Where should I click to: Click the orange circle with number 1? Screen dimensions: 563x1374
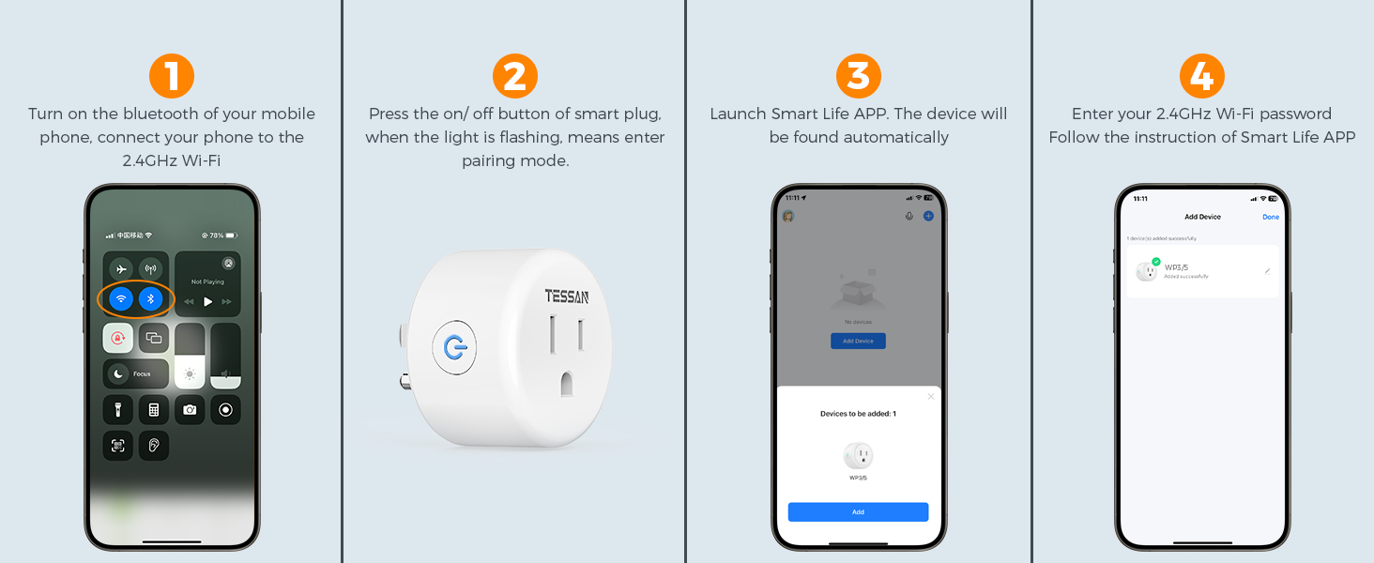pyautogui.click(x=172, y=76)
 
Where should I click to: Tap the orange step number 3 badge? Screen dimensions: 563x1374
pyautogui.click(x=858, y=76)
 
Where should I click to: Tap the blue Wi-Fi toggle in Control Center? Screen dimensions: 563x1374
pyautogui.click(x=120, y=299)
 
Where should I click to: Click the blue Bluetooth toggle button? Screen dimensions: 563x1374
pyautogui.click(x=151, y=299)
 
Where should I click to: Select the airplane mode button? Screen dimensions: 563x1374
pyautogui.click(x=120, y=268)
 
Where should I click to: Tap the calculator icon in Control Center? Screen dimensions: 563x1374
pyautogui.click(x=154, y=410)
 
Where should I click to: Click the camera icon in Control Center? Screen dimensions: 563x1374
pyautogui.click(x=190, y=410)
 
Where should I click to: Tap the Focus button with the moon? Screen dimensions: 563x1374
pyautogui.click(x=136, y=373)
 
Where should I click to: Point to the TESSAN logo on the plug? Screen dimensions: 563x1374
pyautogui.click(x=566, y=297)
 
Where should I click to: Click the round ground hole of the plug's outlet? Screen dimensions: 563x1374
pyautogui.click(x=566, y=383)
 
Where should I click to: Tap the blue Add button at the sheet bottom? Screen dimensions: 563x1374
pyautogui.click(x=858, y=511)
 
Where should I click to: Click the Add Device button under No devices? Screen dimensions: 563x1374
pyautogui.click(x=858, y=341)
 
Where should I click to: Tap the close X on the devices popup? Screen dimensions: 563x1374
pyautogui.click(x=930, y=397)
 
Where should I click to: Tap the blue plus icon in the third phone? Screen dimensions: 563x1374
pyautogui.click(x=928, y=216)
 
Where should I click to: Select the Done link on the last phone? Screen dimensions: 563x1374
pyautogui.click(x=1270, y=217)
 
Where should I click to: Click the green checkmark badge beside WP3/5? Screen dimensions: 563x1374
pyautogui.click(x=1156, y=262)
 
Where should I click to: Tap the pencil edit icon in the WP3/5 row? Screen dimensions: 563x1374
pyautogui.click(x=1267, y=271)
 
